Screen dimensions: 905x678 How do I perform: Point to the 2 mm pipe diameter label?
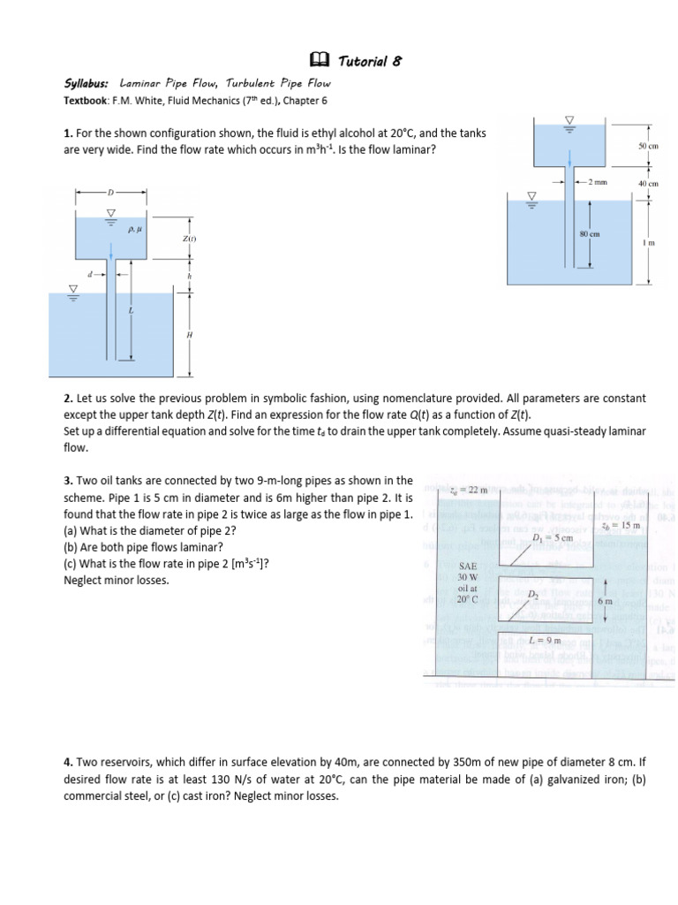pos(599,183)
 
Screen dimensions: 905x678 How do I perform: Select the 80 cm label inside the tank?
pos(589,233)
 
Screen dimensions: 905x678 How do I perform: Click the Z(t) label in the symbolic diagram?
pos(189,240)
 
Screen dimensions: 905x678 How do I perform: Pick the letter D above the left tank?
pos(111,192)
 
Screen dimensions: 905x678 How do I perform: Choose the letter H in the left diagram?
pos(187,337)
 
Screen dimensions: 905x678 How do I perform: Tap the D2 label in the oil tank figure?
pos(533,595)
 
